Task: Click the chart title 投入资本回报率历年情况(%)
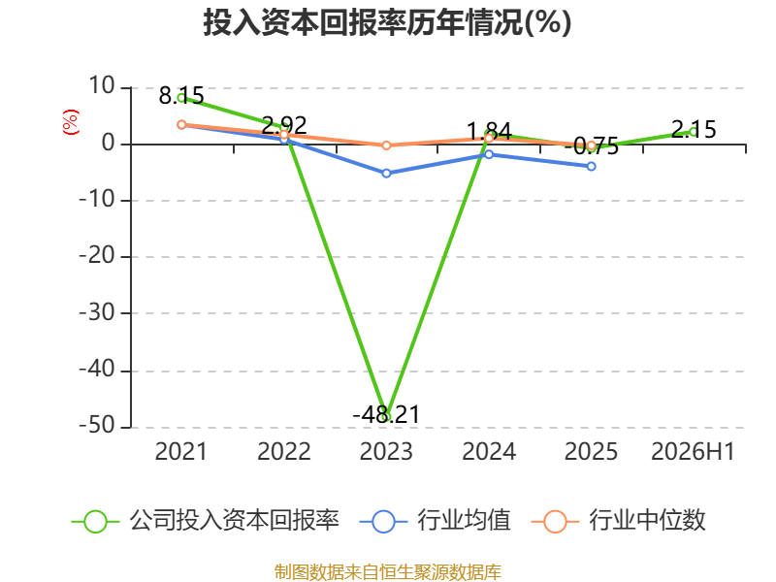(387, 22)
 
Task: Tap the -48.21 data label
(386, 414)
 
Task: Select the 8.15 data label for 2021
(181, 95)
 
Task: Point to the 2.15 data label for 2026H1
(694, 130)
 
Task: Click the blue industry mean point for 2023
(386, 174)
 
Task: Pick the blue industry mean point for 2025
(592, 166)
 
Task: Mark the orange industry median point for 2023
(386, 145)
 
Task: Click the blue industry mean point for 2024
(489, 154)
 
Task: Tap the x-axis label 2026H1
(693, 451)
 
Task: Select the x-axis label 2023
(386, 451)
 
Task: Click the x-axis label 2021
(181, 451)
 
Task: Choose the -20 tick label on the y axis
(97, 256)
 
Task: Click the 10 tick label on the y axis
(102, 86)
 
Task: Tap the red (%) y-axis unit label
(70, 122)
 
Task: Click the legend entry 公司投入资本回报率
(206, 521)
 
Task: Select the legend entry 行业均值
(436, 521)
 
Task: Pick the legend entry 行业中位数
(619, 521)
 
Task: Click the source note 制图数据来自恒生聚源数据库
(388, 572)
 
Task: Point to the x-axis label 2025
(591, 451)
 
